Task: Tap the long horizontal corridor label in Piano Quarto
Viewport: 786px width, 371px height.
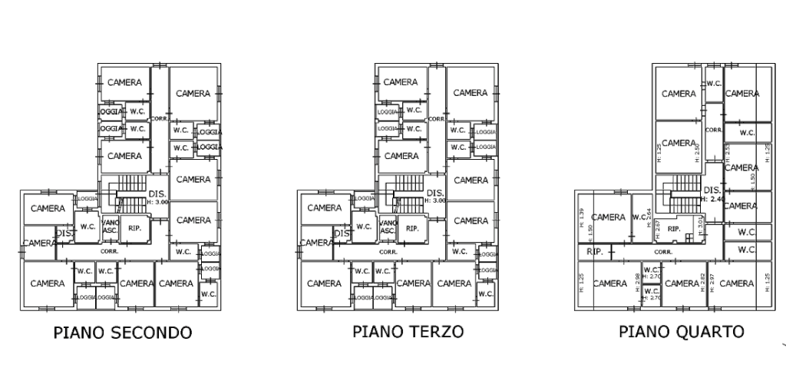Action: coord(663,251)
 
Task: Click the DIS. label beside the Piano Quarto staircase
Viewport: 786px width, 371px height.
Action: coord(710,189)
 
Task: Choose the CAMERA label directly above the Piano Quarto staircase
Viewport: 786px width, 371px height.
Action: coord(679,143)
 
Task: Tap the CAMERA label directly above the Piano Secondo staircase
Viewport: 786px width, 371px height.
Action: coord(124,156)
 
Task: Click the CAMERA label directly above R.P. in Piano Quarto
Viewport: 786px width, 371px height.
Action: coord(610,217)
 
